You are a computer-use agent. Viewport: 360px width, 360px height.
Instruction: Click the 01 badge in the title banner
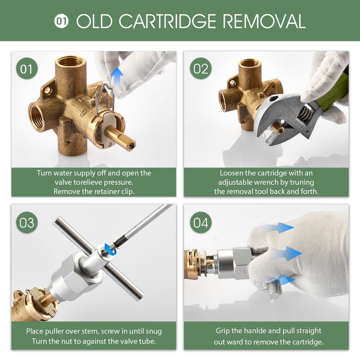pyautogui.click(x=61, y=21)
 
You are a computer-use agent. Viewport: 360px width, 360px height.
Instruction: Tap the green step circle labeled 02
pyautogui.click(x=201, y=69)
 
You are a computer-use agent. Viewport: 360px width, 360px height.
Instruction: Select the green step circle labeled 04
pyautogui.click(x=201, y=222)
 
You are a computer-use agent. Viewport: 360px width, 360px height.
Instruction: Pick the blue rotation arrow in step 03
pyautogui.click(x=108, y=248)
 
